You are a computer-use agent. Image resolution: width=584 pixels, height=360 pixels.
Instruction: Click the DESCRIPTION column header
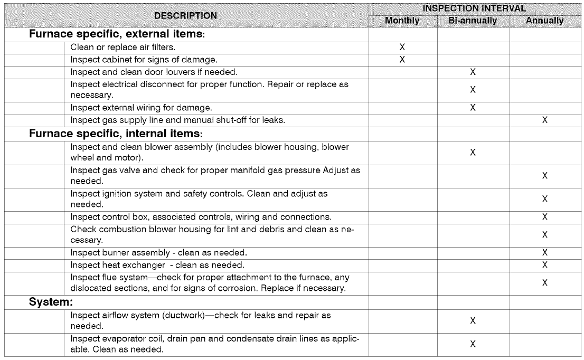click(185, 15)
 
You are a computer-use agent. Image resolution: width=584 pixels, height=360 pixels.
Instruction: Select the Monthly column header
click(402, 21)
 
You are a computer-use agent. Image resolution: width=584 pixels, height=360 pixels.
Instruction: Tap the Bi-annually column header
click(473, 21)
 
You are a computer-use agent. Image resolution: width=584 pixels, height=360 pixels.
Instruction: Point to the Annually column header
click(545, 21)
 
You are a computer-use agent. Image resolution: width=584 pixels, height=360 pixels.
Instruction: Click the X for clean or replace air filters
click(402, 48)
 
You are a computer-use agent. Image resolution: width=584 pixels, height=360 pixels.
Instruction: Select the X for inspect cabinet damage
click(402, 59)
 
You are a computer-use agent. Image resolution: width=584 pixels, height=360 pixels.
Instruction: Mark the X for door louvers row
click(473, 71)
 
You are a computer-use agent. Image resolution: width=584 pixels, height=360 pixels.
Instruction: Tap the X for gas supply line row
click(545, 120)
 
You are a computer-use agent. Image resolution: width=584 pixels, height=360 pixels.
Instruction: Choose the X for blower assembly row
click(473, 152)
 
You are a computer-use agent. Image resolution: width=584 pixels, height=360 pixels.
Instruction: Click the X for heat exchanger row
click(545, 264)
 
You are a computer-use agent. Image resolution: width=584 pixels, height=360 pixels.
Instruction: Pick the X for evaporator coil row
click(473, 344)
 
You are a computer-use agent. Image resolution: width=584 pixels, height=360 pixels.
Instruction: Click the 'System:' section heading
click(50, 303)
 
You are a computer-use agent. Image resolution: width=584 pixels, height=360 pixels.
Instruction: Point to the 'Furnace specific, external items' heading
click(117, 35)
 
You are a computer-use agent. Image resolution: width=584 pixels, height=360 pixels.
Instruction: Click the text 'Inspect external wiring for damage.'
click(141, 108)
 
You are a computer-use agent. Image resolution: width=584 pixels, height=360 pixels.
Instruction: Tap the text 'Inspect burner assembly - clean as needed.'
click(158, 252)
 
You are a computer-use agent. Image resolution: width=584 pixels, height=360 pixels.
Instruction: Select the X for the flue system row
click(545, 282)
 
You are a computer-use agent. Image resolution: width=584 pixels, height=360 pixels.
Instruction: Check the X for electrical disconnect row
click(473, 90)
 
